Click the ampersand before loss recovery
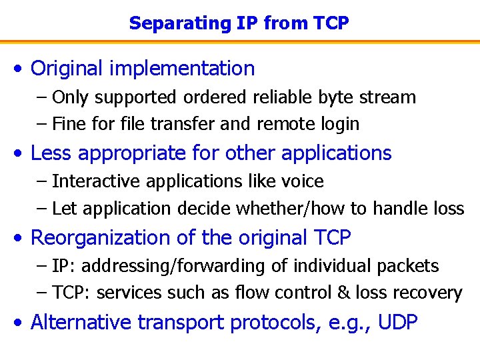(343, 293)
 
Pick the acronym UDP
(397, 323)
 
